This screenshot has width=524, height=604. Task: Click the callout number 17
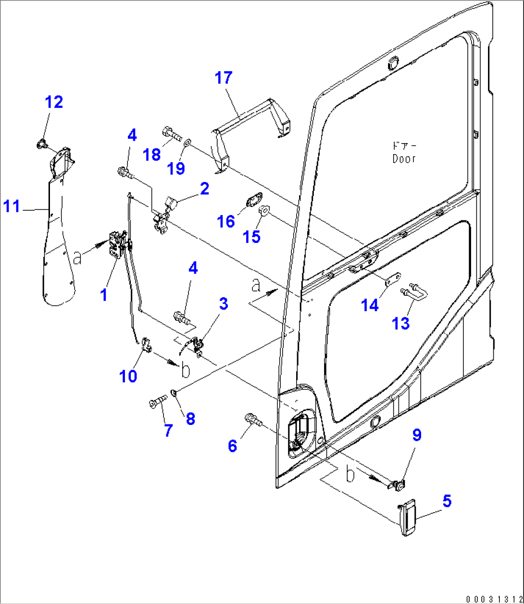coord(224,78)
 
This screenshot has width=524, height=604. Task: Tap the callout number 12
coord(54,102)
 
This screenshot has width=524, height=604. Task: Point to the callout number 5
coord(447,502)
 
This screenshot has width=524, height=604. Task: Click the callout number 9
coord(417,435)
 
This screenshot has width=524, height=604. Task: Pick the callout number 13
coord(400,323)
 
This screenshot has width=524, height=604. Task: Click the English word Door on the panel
coord(403,159)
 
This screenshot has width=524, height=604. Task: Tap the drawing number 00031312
coord(493,599)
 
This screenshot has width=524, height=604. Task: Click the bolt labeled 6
coord(253,420)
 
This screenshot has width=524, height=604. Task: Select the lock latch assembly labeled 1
coord(117,244)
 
